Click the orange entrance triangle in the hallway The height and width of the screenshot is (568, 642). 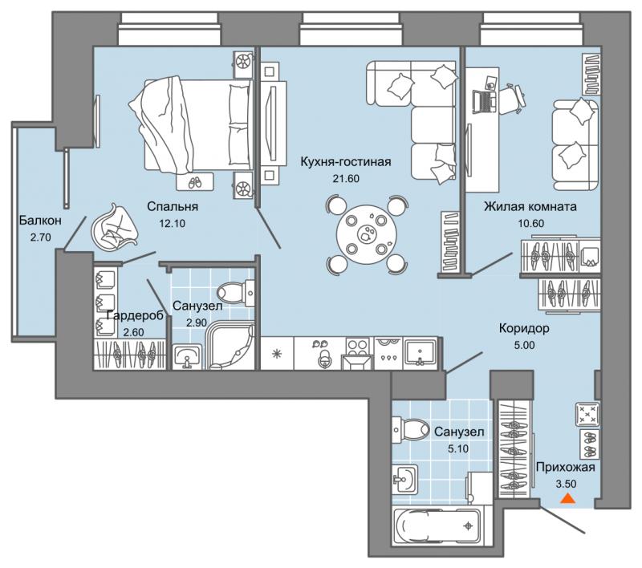click(x=567, y=499)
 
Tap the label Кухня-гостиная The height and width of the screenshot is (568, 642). click(x=346, y=161)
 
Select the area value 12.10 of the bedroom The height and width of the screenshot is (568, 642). click(x=173, y=224)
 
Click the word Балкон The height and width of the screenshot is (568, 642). click(x=41, y=220)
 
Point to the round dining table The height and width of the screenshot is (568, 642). click(x=367, y=235)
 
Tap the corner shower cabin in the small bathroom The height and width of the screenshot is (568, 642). click(x=232, y=344)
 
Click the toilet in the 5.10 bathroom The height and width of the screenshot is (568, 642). click(x=411, y=431)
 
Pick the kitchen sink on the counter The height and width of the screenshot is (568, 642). click(x=420, y=351)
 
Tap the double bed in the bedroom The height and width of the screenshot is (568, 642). click(x=190, y=125)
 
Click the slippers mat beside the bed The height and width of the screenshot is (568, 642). click(x=194, y=181)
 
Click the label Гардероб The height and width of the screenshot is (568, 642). click(x=135, y=315)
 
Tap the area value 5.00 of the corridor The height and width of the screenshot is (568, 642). click(x=525, y=346)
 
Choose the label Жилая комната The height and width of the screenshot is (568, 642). click(x=530, y=206)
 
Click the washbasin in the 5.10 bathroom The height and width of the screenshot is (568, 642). click(x=405, y=479)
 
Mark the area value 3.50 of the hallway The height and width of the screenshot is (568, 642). click(x=566, y=484)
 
